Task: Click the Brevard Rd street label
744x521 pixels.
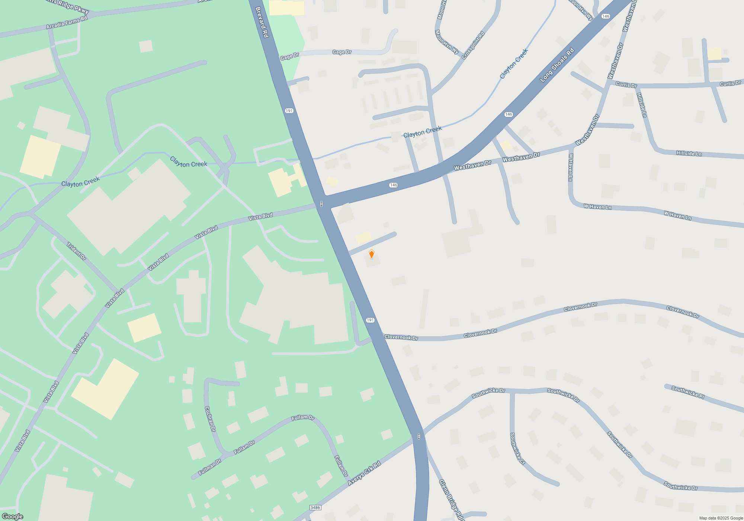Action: click(262, 22)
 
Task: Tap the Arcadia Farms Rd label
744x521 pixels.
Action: click(67, 23)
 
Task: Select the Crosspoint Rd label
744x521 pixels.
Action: click(473, 45)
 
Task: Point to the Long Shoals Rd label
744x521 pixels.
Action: click(557, 65)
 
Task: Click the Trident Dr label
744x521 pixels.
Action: click(76, 251)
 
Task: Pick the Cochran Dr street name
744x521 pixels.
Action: click(210, 419)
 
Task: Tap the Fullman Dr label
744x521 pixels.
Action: click(210, 467)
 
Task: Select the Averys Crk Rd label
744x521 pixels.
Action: click(364, 473)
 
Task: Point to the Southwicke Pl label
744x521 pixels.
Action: click(688, 392)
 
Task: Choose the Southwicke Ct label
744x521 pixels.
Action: click(517, 448)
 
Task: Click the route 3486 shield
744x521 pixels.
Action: click(315, 508)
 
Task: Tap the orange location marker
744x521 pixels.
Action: click(371, 254)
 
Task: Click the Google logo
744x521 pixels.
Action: click(12, 517)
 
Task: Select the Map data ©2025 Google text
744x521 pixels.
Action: click(721, 518)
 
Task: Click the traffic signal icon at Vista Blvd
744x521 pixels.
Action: click(321, 204)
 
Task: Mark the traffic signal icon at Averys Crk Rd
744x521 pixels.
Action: click(419, 437)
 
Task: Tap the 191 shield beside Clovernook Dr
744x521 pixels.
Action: click(370, 320)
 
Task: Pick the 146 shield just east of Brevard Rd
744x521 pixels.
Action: click(394, 185)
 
